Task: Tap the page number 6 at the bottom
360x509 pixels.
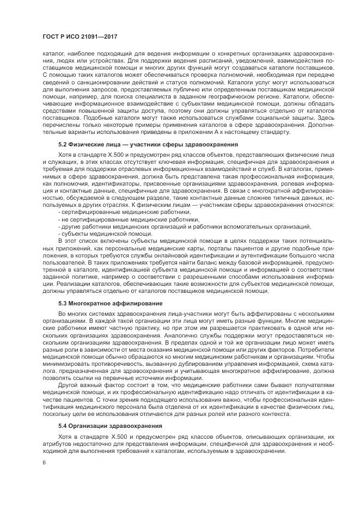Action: (x=44, y=462)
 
